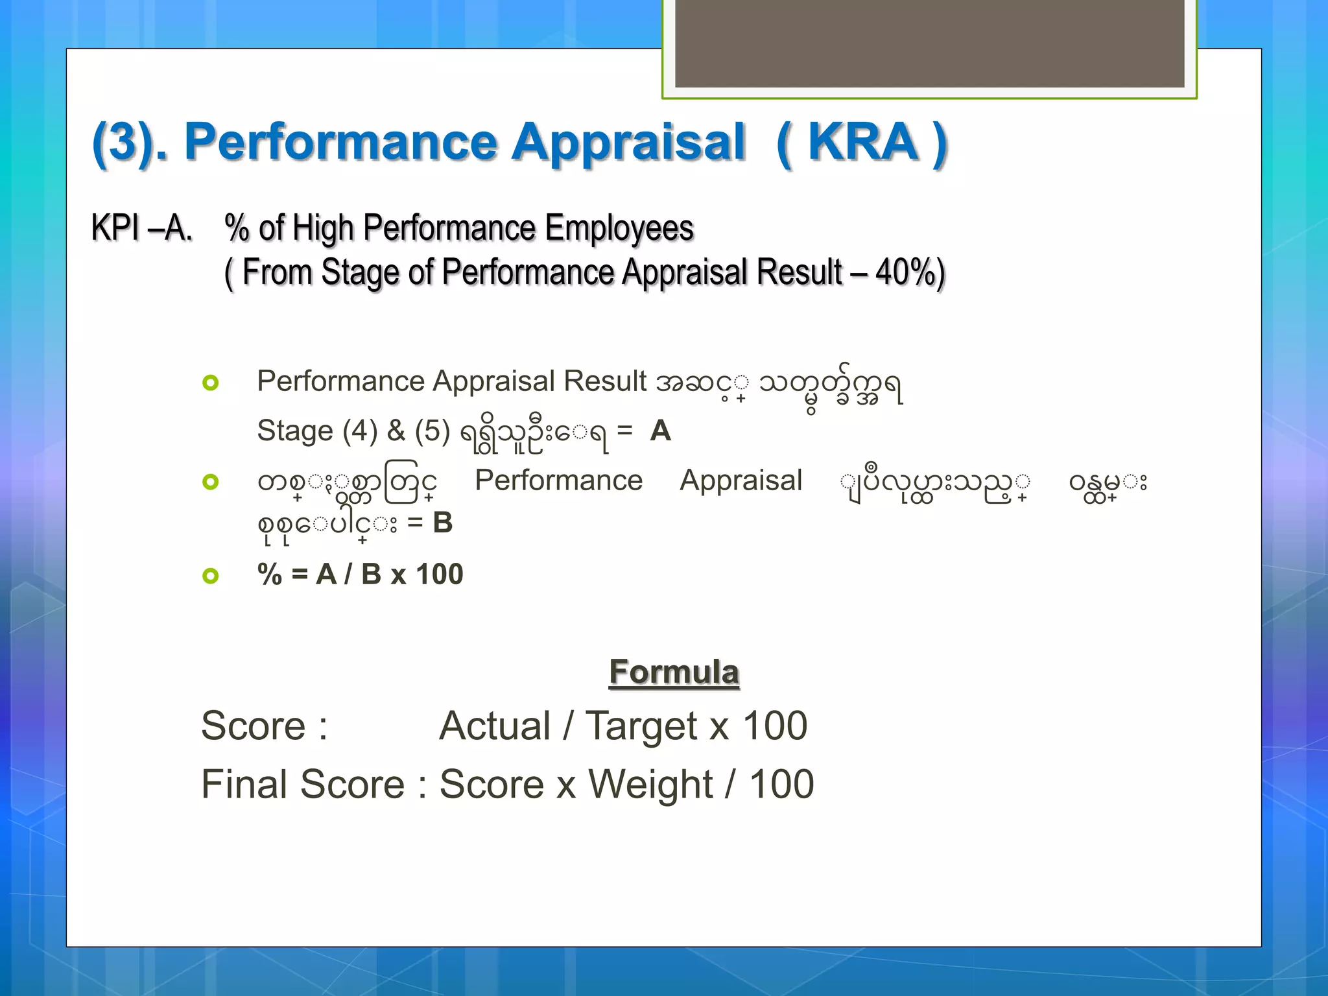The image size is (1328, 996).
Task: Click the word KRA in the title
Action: click(862, 142)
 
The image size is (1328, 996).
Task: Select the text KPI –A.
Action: click(142, 228)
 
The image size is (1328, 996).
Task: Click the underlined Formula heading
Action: click(674, 672)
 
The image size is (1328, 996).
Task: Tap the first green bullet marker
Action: click(211, 383)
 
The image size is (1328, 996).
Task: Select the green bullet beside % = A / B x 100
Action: click(211, 575)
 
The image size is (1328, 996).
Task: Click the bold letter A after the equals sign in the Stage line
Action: click(660, 431)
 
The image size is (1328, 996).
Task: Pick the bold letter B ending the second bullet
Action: click(443, 523)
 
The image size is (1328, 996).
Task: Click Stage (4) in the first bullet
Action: click(317, 431)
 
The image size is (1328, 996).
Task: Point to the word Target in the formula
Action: click(641, 726)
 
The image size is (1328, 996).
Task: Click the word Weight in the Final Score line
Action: click(650, 785)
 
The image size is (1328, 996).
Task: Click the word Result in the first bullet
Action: click(605, 381)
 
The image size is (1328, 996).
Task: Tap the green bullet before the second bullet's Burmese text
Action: click(211, 482)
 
